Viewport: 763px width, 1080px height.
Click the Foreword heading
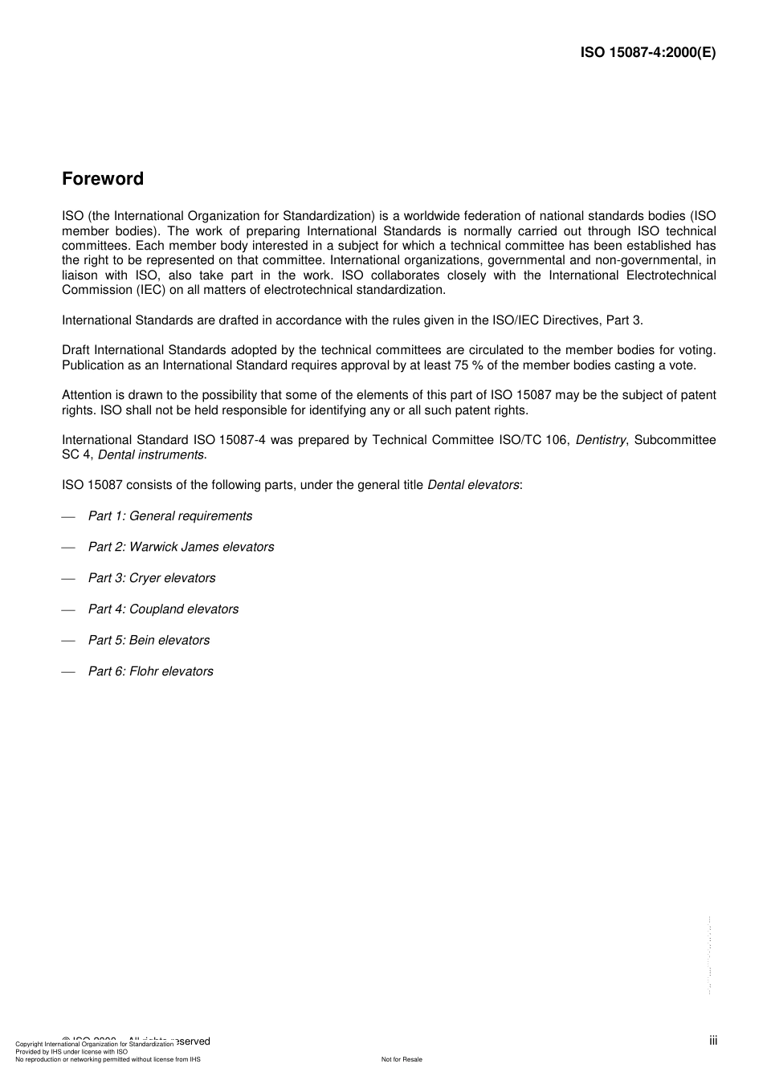[x=103, y=179]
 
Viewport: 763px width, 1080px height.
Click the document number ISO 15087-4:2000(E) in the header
[x=647, y=53]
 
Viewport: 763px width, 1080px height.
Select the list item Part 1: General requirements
[x=169, y=516]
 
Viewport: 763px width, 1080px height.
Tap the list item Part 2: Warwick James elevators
[x=181, y=547]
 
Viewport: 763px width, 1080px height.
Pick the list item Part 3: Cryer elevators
[x=152, y=578]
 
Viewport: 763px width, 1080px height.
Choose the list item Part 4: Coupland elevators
[x=163, y=609]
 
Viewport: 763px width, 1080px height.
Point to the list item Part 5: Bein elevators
[x=149, y=641]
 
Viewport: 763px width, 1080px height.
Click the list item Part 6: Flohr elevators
[x=150, y=671]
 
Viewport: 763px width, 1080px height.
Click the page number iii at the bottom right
[x=713, y=1041]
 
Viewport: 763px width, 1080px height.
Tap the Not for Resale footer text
[x=402, y=1059]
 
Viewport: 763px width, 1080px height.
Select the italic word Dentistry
[x=601, y=440]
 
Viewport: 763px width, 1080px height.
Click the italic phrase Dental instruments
[x=151, y=455]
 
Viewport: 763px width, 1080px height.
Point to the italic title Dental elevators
[x=473, y=485]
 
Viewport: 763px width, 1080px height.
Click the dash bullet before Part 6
[x=68, y=671]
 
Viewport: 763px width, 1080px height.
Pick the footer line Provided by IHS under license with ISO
[x=71, y=1051]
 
